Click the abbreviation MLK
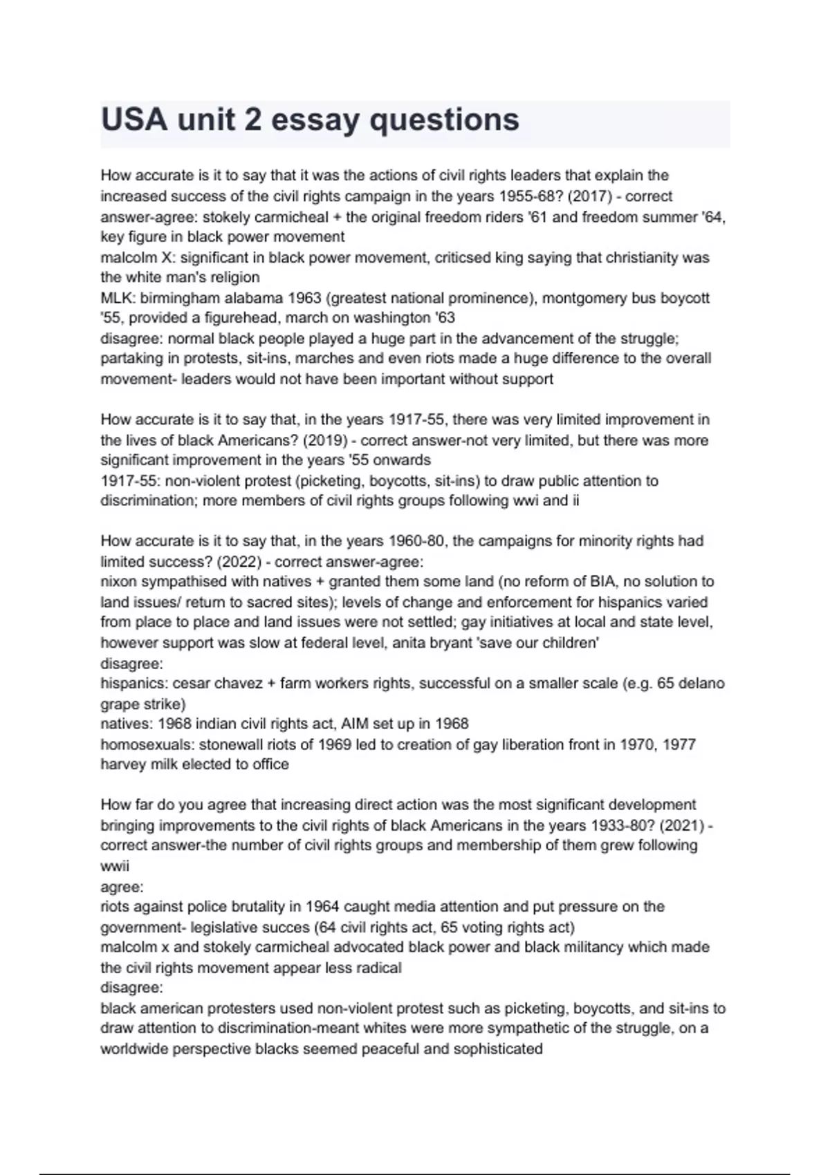click(x=117, y=298)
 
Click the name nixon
click(x=118, y=581)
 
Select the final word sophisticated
click(x=498, y=1049)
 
